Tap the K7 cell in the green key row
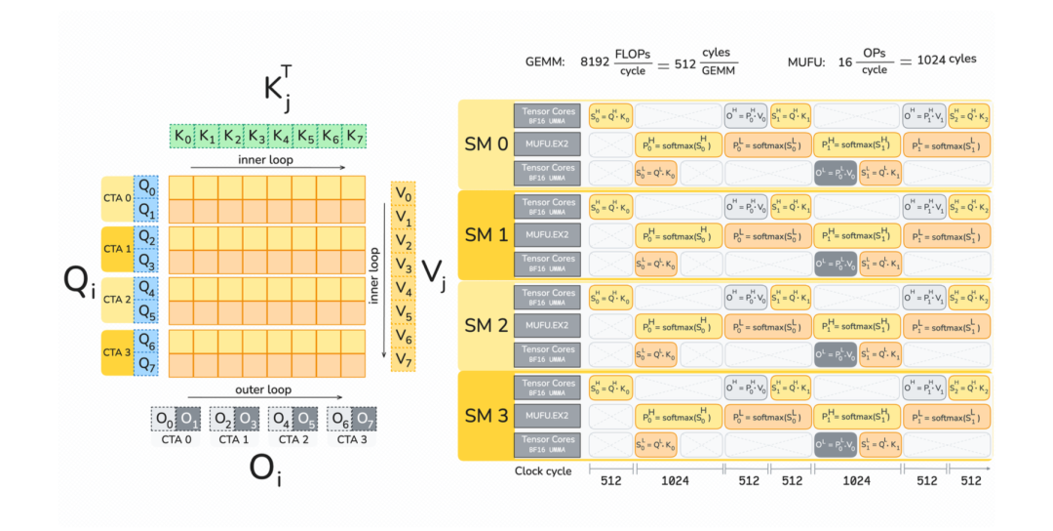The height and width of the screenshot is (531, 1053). click(x=356, y=137)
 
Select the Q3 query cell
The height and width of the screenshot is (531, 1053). click(x=146, y=261)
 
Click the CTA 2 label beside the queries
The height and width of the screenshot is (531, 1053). click(x=117, y=299)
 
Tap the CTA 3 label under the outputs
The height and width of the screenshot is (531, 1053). click(x=351, y=439)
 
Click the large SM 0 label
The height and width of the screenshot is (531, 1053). click(x=485, y=144)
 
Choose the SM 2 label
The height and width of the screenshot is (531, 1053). click(x=485, y=326)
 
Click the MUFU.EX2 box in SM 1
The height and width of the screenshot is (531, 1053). click(x=548, y=234)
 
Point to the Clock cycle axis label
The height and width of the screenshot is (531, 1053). click(x=542, y=471)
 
